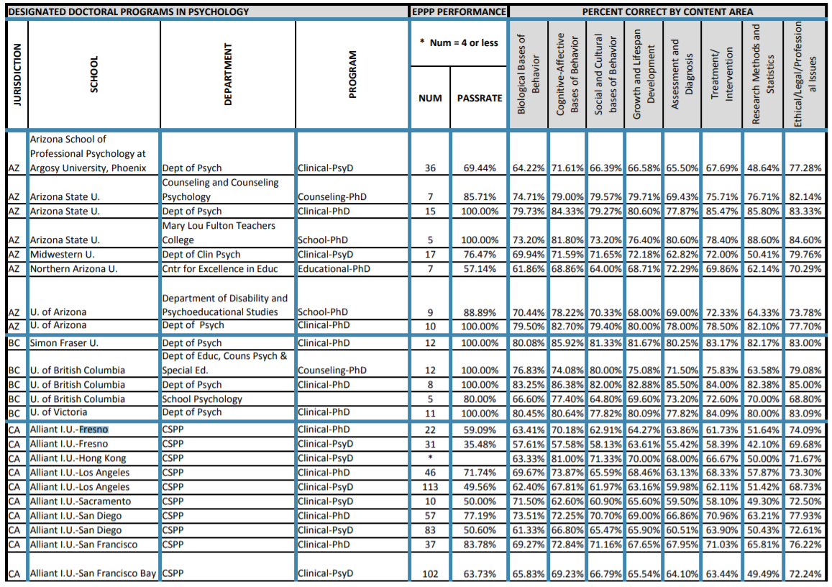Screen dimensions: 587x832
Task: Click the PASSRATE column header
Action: point(479,99)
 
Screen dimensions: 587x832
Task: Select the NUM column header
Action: point(430,99)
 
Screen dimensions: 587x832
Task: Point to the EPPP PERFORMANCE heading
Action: point(458,12)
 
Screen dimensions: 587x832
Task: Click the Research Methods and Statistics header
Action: point(762,76)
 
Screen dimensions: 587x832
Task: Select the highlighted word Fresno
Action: point(93,429)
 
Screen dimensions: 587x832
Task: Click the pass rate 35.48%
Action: point(480,444)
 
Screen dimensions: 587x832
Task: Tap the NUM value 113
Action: point(429,487)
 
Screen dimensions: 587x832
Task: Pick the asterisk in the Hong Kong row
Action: point(429,458)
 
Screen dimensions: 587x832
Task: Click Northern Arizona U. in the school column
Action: point(73,268)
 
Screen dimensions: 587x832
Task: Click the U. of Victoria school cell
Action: point(58,412)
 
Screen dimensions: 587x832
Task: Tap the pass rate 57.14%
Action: point(480,268)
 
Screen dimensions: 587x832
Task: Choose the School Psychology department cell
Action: point(202,399)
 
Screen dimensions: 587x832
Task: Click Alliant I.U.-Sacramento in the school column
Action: point(81,501)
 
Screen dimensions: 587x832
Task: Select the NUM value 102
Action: point(429,573)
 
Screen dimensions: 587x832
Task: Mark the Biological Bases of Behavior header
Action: point(527,76)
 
